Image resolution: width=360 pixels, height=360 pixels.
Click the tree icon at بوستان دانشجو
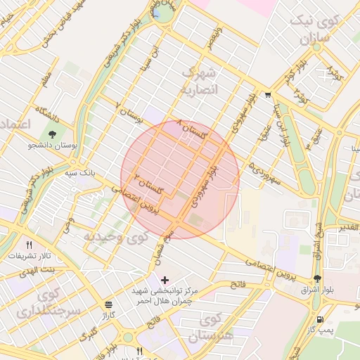tap(53, 134)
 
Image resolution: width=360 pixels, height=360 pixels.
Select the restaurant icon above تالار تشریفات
tap(29, 245)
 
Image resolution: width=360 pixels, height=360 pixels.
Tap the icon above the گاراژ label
tap(108, 304)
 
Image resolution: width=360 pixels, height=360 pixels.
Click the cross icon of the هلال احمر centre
tap(165, 280)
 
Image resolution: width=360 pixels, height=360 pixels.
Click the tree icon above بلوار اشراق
tap(316, 278)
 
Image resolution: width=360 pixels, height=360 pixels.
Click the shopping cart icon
tap(268, 95)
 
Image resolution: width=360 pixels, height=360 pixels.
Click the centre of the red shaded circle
tap(180, 180)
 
